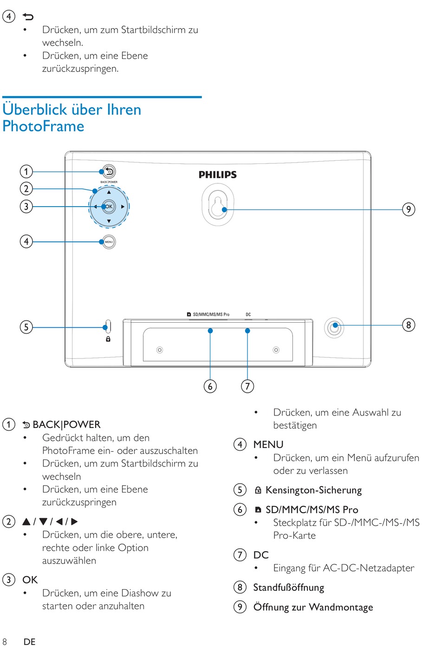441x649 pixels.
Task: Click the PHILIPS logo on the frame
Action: coord(218,175)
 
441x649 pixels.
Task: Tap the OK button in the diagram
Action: coord(109,207)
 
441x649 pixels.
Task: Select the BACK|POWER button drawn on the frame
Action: coord(109,171)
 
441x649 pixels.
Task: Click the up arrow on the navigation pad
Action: coord(109,192)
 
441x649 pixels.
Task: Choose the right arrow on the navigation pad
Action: coord(123,207)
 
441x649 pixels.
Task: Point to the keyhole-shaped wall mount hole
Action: coord(218,205)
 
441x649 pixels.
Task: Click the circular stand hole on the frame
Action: coord(334,328)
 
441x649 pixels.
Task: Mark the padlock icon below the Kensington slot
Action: coord(108,339)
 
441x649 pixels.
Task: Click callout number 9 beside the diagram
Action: coord(409,209)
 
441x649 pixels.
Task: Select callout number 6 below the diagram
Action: coord(210,386)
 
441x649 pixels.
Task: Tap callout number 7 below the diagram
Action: coord(247,386)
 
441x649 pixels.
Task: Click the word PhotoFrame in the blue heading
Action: coord(43,126)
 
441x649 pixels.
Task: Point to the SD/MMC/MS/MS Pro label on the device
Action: coord(211,314)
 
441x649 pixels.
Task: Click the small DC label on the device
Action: coord(248,314)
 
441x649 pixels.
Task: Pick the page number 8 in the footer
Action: coord(5,642)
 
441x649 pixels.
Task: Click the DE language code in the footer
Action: coord(29,642)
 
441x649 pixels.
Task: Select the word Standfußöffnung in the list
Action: coord(288,587)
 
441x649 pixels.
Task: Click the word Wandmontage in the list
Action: coord(341,607)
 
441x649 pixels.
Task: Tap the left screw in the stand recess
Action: coord(160,350)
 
